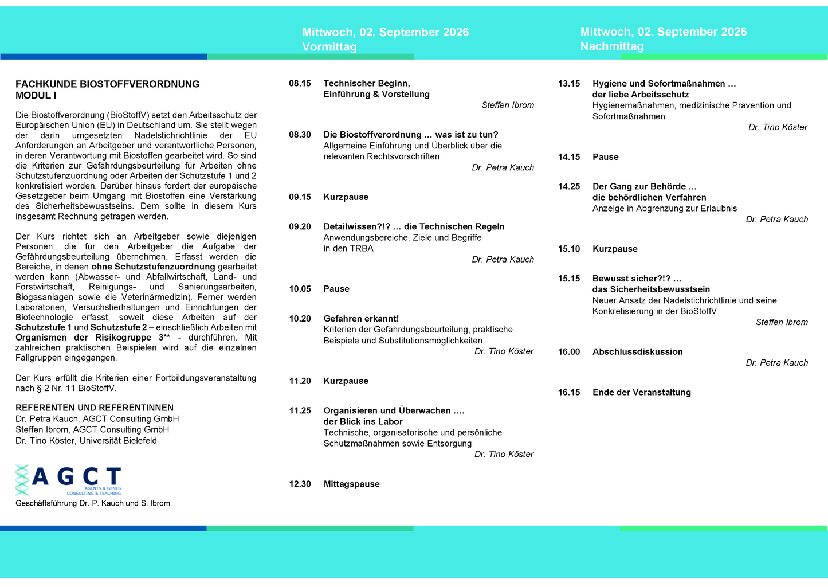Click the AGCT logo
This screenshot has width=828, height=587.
[x=68, y=480]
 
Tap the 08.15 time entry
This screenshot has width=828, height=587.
[x=300, y=84]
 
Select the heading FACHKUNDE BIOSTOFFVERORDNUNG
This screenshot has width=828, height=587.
[x=107, y=84]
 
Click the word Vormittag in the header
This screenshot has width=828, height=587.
[x=329, y=47]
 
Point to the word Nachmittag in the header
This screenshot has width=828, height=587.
[x=612, y=46]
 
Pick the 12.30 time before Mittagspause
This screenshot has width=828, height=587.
[x=300, y=484]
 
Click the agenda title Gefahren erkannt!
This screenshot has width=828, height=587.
[x=361, y=319]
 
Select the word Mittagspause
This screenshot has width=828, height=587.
[x=351, y=484]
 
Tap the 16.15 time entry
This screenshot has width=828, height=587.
[x=569, y=393]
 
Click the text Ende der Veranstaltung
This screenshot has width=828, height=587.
[x=641, y=393]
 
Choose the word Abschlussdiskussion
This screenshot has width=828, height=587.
[x=637, y=352]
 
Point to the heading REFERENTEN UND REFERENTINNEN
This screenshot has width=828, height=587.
[x=95, y=408]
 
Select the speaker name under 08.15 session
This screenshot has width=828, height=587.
[x=508, y=105]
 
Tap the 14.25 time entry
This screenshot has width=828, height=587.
[x=569, y=187]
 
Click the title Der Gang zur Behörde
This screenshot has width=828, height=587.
[x=644, y=187]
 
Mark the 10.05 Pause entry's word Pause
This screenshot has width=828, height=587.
[x=336, y=289]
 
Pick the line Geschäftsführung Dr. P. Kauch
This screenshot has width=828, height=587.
[x=93, y=503]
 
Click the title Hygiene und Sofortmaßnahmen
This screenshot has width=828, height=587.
[x=664, y=84]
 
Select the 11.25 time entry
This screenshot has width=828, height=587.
[x=300, y=411]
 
